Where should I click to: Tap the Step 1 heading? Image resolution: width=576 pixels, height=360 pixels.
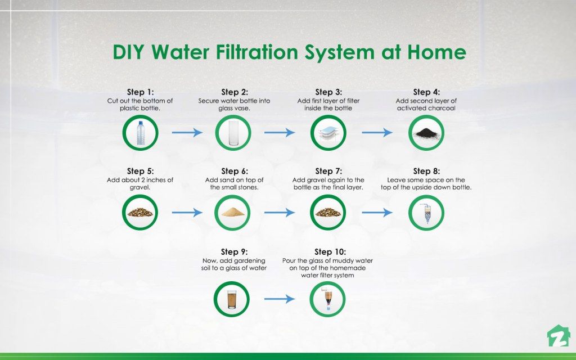point(140,92)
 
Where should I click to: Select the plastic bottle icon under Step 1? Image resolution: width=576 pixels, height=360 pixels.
point(140,133)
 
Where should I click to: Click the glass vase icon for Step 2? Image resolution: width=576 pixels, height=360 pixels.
point(233,133)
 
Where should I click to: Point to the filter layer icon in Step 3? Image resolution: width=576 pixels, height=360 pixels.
point(328,133)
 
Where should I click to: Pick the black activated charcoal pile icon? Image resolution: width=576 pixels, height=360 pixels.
point(426,133)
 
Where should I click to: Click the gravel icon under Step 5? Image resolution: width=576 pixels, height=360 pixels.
point(140,213)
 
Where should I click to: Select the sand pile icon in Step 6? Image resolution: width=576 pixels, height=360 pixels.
point(233,213)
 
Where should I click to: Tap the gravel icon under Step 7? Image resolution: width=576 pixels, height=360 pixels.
point(328,213)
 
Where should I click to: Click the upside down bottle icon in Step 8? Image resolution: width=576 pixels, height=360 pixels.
point(426,213)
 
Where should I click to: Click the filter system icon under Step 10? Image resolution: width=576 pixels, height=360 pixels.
point(327,299)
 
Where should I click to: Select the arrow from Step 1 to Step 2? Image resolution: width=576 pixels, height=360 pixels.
point(186,133)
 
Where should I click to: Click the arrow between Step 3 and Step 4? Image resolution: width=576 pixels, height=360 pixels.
point(377,133)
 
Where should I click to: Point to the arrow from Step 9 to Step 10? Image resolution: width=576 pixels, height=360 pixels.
point(280,299)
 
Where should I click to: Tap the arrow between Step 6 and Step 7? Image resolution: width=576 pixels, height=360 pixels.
point(280,213)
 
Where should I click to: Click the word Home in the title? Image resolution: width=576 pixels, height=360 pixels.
point(436,52)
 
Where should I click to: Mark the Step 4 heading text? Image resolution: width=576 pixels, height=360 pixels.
point(426,92)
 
